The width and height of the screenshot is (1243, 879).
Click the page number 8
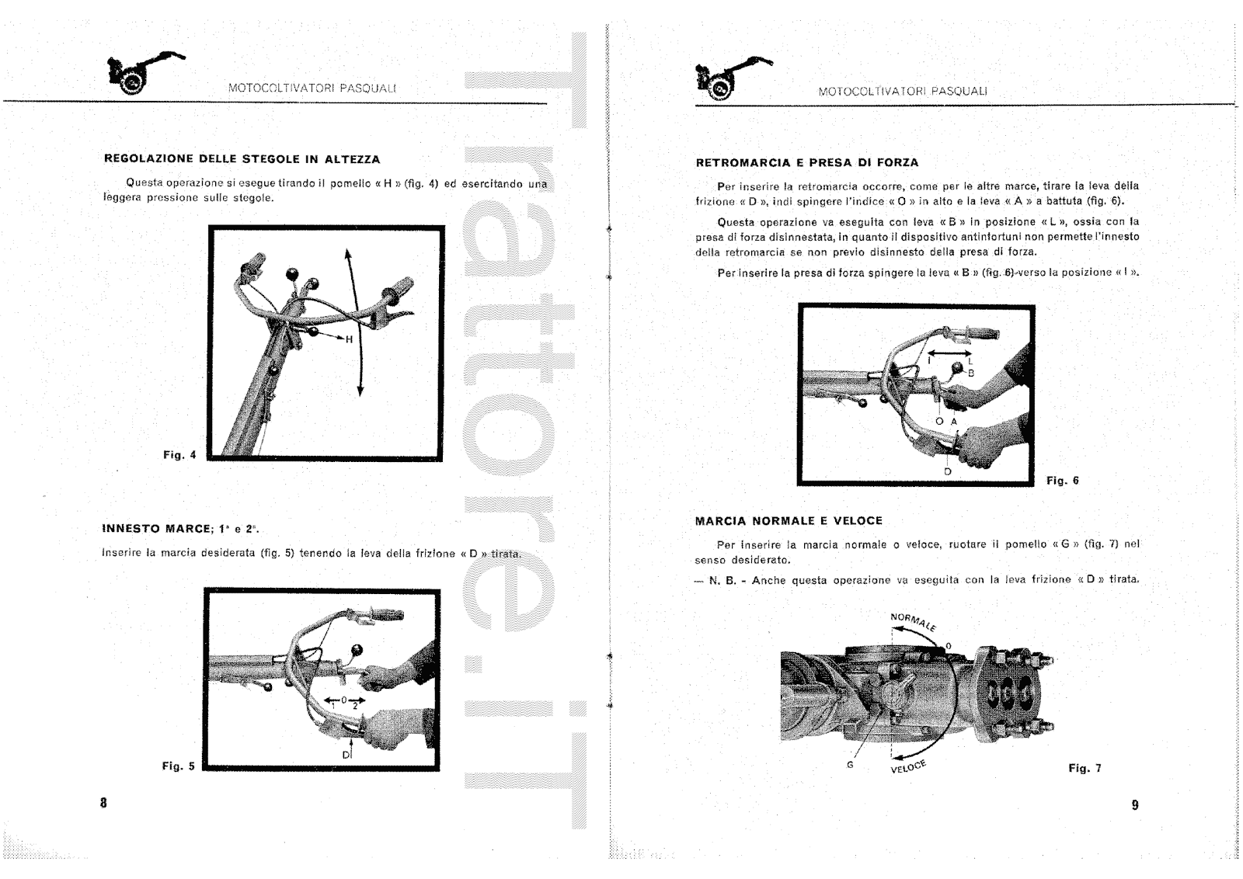(x=103, y=803)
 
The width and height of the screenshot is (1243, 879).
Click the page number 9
(x=1135, y=805)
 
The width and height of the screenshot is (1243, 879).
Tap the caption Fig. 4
(x=179, y=455)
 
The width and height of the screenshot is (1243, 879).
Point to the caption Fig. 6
(x=1062, y=481)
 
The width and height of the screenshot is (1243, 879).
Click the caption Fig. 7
(x=1085, y=769)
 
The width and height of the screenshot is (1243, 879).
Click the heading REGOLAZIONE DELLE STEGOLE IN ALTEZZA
(x=242, y=159)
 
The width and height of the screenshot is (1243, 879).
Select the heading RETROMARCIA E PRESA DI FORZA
(x=807, y=163)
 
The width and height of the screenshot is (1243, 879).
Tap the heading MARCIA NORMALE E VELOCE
(x=789, y=521)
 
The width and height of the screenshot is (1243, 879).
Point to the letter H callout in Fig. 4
(x=350, y=339)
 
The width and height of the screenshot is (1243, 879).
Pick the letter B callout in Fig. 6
(x=971, y=373)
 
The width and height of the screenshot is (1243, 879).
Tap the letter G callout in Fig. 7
(x=850, y=765)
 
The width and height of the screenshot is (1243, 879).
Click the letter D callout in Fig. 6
(x=947, y=471)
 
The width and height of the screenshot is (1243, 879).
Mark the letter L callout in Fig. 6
(x=970, y=361)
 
